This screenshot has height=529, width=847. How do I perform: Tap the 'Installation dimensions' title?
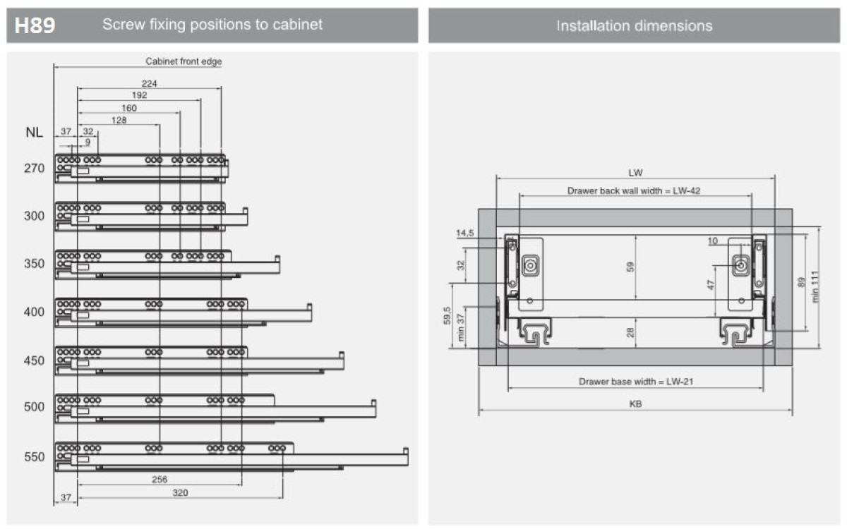coord(634,26)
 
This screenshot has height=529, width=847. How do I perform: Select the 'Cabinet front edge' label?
coord(184,61)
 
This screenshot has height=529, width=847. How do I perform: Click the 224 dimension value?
coord(149,83)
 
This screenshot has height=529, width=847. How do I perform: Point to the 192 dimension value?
coord(139,95)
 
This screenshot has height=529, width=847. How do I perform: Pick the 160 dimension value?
coord(129,108)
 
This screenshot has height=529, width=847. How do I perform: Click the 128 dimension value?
coord(118,120)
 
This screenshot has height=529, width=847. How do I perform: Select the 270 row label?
coord(35,169)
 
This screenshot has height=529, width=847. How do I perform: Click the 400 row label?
coord(35,312)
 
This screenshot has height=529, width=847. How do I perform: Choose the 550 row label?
coord(35,457)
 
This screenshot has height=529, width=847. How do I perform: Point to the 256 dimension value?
coord(160,480)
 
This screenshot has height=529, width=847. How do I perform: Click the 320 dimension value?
coord(181,493)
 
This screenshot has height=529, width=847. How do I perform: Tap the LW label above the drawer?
coord(635,172)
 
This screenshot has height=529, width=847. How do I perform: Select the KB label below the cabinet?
coord(635,405)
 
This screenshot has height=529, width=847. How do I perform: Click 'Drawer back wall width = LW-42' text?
coord(634,190)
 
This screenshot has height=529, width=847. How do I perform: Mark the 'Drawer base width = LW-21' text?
coord(635,382)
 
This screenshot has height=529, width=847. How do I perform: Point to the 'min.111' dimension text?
coord(816,288)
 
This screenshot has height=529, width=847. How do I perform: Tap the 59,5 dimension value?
coord(447,316)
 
